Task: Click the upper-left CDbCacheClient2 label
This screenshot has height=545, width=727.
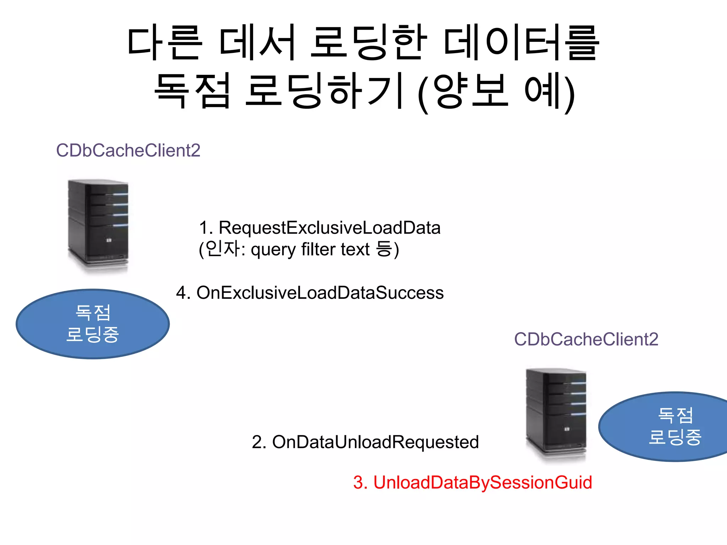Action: [x=128, y=150]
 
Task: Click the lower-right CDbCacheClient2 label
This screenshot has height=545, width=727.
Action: [x=586, y=339]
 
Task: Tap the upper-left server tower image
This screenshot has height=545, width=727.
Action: [x=98, y=225]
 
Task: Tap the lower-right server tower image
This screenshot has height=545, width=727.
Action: [x=556, y=414]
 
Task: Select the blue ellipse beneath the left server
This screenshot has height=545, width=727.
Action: [x=93, y=324]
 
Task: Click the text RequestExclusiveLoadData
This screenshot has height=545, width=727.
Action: [x=329, y=228]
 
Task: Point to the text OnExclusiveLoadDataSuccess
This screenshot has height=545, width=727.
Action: [x=320, y=293]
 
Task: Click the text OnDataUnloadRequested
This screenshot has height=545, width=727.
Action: [x=375, y=442]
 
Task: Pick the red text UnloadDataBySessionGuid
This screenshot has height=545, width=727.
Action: [x=482, y=483]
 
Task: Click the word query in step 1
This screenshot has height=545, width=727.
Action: [x=273, y=250]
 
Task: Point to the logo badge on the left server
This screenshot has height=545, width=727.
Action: [x=109, y=241]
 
